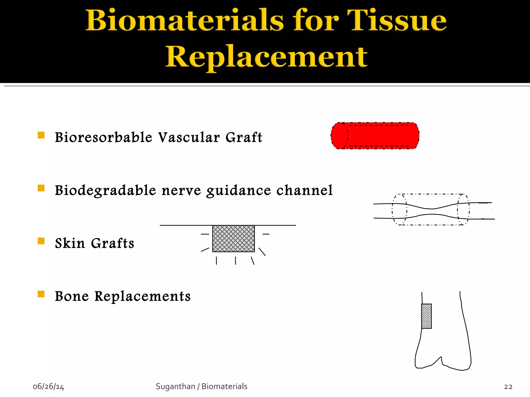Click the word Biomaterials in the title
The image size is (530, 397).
tap(185, 21)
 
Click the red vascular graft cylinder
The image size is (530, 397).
tap(375, 136)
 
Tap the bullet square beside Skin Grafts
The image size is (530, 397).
tap(41, 241)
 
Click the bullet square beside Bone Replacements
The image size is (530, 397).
tap(41, 294)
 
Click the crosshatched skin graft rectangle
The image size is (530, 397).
tap(233, 239)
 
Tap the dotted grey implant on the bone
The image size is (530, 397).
tap(426, 316)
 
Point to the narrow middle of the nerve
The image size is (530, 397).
tap(432, 211)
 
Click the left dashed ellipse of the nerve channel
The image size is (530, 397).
tap(399, 210)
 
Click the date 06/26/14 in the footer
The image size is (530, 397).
tap(48, 386)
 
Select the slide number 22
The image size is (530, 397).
tap(508, 387)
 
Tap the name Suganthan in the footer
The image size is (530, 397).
tap(175, 386)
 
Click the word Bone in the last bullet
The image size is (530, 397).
tap(72, 296)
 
